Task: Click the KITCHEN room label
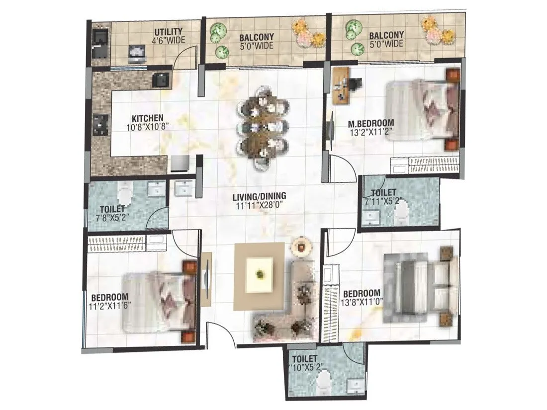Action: (x=147, y=118)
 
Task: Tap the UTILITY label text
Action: (x=168, y=32)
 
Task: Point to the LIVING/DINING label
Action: (x=259, y=196)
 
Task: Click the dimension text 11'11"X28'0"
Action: (x=259, y=204)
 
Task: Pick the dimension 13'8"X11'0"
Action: (x=362, y=301)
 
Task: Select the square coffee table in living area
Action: (x=259, y=273)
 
